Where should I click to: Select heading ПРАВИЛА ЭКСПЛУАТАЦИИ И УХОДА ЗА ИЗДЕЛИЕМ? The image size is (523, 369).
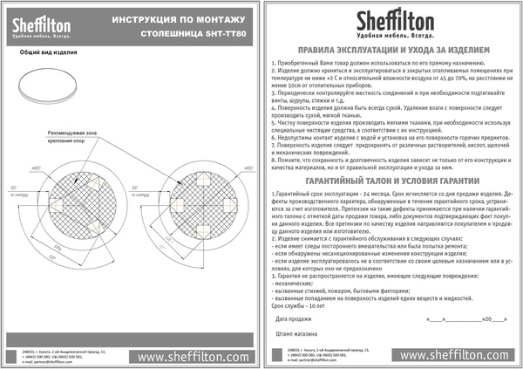(387, 51)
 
